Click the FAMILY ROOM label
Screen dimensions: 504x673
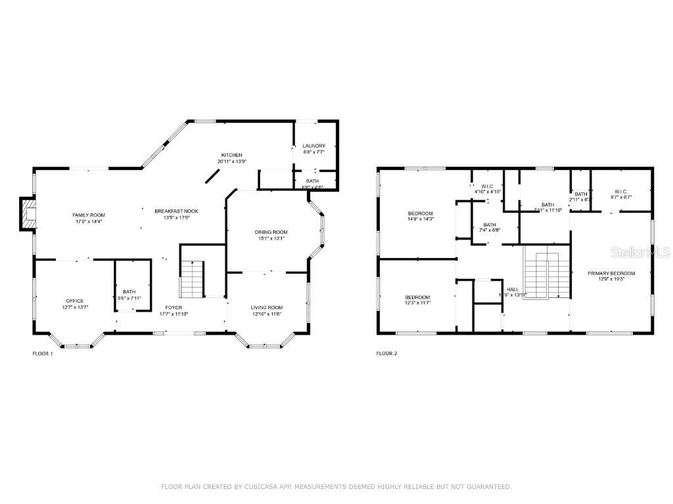click(x=88, y=215)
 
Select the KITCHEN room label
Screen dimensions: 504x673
click(x=231, y=155)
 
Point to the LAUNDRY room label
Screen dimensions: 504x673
click(x=313, y=146)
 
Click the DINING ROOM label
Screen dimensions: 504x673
click(x=271, y=232)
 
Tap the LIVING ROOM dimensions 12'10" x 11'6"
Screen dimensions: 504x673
click(x=266, y=314)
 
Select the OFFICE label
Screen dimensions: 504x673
click(x=74, y=301)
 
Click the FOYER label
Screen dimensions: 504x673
click(x=174, y=307)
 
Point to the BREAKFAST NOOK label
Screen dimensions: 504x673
click(x=176, y=211)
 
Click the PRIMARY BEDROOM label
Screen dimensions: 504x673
click(x=611, y=273)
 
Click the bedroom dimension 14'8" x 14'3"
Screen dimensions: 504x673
click(x=420, y=220)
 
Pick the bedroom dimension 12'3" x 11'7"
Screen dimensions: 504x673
click(x=417, y=304)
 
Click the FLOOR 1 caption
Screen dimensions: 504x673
click(x=43, y=354)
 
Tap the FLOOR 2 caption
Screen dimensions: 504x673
click(x=386, y=354)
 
